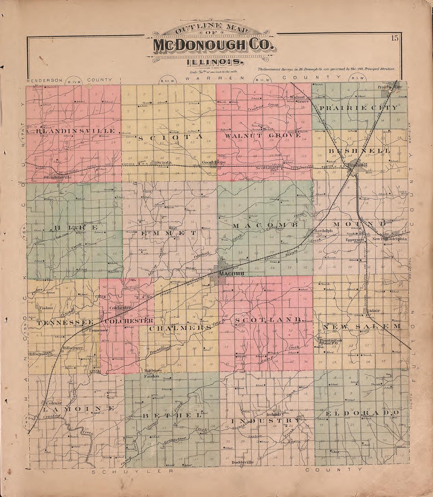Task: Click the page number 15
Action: point(395,38)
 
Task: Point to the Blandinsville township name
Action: point(77,131)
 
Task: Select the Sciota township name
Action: point(170,137)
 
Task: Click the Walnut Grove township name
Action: point(263,135)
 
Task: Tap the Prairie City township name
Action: point(358,108)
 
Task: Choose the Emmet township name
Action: point(168,234)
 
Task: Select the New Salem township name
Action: point(361,326)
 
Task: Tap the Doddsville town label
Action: point(241,462)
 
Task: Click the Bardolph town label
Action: point(324,231)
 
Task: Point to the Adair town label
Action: point(374,311)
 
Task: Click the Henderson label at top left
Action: point(44,80)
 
